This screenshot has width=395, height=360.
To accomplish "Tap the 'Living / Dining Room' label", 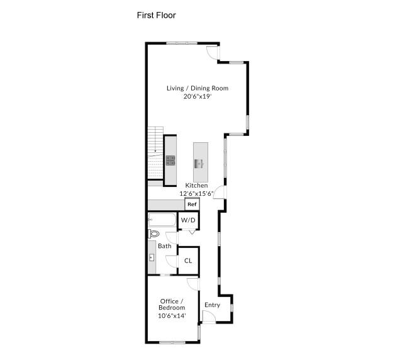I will pyautogui.click(x=197, y=88).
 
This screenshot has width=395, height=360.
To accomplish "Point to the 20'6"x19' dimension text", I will pyautogui.click(x=197, y=97).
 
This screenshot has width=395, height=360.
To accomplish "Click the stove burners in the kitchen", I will pyautogui.click(x=170, y=160).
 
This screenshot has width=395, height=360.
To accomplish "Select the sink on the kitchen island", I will pyautogui.click(x=200, y=164).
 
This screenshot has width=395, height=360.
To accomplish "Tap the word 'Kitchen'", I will pyautogui.click(x=196, y=186).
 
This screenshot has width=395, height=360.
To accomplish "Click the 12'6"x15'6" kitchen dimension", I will pyautogui.click(x=196, y=193).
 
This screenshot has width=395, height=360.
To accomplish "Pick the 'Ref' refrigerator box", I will pyautogui.click(x=192, y=205).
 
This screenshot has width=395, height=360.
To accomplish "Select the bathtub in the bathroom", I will pyautogui.click(x=163, y=221).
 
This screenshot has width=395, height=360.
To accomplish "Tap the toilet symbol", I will pyautogui.click(x=154, y=233).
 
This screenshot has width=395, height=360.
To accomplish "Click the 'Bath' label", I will pyautogui.click(x=164, y=246).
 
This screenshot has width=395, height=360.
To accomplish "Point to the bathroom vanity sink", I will pyautogui.click(x=152, y=258).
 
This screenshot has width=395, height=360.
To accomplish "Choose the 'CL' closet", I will pyautogui.click(x=188, y=261).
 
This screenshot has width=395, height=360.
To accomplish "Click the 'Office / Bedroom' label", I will pyautogui.click(x=172, y=304).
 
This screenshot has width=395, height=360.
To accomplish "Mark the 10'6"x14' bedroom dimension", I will pyautogui.click(x=172, y=315).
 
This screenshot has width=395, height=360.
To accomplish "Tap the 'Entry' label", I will pyautogui.click(x=213, y=305).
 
